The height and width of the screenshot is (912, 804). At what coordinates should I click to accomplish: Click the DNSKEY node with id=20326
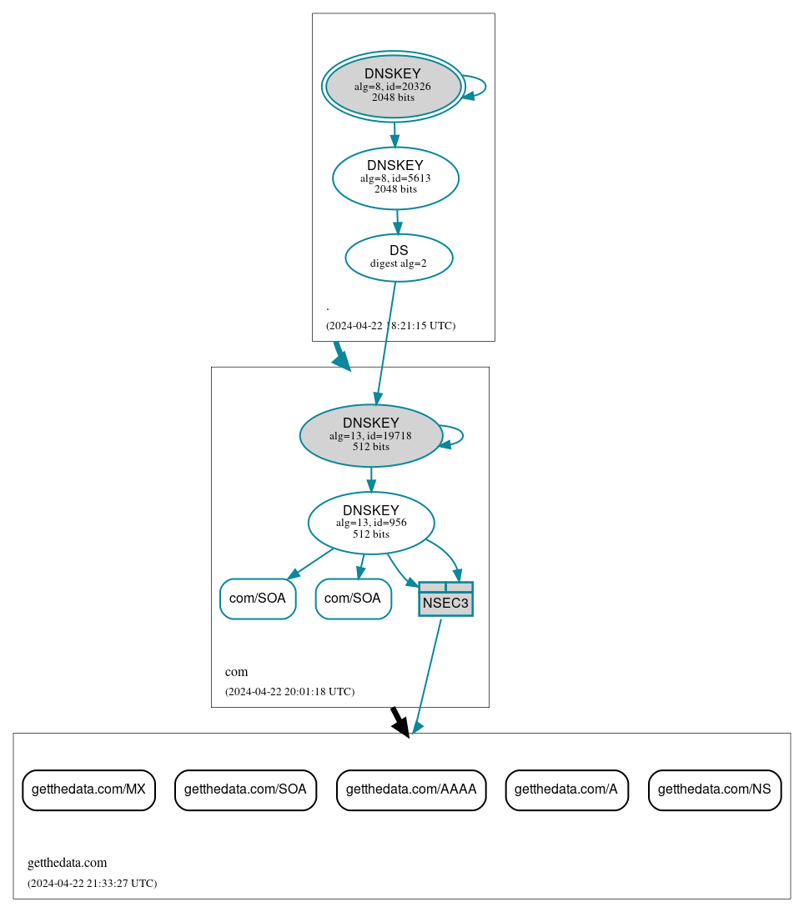pos(393,87)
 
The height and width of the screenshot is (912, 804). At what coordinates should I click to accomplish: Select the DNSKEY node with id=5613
pos(395,178)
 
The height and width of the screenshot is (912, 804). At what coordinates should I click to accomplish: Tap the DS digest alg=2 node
pos(399,258)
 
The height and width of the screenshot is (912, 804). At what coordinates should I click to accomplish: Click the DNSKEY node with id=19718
pos(371,435)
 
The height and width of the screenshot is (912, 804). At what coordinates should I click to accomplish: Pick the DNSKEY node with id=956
pos(371,523)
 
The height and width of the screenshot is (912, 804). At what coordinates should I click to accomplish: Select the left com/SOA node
pos(258,599)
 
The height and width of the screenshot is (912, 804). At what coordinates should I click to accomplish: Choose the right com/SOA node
pos(353,599)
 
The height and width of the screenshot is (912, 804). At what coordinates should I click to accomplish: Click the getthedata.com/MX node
pos(88,789)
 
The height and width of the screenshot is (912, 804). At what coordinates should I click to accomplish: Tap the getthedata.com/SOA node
pos(245,789)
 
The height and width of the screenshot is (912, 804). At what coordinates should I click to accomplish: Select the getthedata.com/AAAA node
pos(411,789)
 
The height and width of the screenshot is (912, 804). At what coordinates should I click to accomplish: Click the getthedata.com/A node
pos(566,789)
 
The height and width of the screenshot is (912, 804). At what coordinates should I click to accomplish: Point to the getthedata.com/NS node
pos(715,789)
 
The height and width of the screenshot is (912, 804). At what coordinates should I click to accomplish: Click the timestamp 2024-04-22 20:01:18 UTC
pos(289,691)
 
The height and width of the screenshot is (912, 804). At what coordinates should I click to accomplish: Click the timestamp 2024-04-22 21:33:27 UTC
pos(92,883)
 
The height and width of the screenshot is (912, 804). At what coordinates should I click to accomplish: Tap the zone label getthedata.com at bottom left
pos(68,863)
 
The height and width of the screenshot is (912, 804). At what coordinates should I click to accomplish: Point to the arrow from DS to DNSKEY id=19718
pos(386,342)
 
